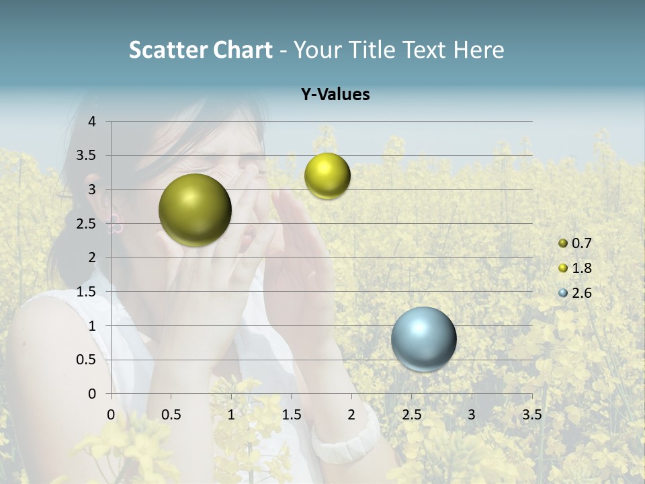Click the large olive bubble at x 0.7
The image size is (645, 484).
click(195, 210)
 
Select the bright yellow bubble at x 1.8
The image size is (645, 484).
click(327, 175)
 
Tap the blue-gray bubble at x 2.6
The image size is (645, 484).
click(423, 339)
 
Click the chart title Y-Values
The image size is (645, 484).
click(335, 95)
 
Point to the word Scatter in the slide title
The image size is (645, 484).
click(168, 50)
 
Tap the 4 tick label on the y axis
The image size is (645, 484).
click(92, 122)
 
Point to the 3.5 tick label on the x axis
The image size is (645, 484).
click(531, 414)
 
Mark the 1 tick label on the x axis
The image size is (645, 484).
click(231, 414)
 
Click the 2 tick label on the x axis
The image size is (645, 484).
click(351, 414)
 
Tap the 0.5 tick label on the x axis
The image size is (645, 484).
click(171, 414)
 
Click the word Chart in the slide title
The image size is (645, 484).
click(243, 50)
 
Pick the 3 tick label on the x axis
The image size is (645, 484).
click(472, 414)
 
